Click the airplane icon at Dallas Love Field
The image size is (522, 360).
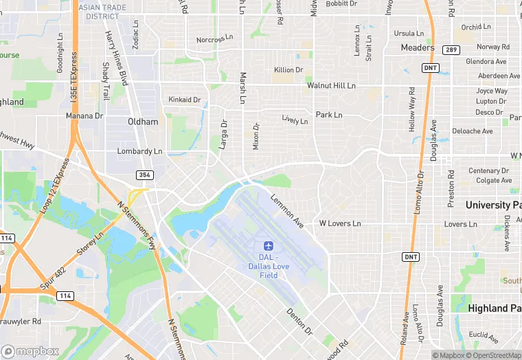pyautogui.click(x=268, y=246)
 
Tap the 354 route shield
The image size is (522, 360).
pyautogui.click(x=144, y=175)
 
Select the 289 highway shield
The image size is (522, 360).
pyautogui.click(x=451, y=49)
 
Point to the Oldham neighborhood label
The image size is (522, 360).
pyautogui.click(x=143, y=122)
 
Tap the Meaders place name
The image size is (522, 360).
pyautogui.click(x=418, y=47)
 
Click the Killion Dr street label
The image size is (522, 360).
pyautogui.click(x=288, y=70)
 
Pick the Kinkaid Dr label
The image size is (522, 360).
pyautogui.click(x=185, y=100)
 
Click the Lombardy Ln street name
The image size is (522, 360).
pyautogui.click(x=140, y=151)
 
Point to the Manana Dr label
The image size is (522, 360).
pyautogui.click(x=84, y=116)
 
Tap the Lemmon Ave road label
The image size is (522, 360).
pyautogui.click(x=287, y=211)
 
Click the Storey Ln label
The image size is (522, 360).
pyautogui.click(x=91, y=245)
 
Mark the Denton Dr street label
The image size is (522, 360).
pyautogui.click(x=299, y=322)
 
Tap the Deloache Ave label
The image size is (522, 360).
pyautogui.click(x=473, y=131)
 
